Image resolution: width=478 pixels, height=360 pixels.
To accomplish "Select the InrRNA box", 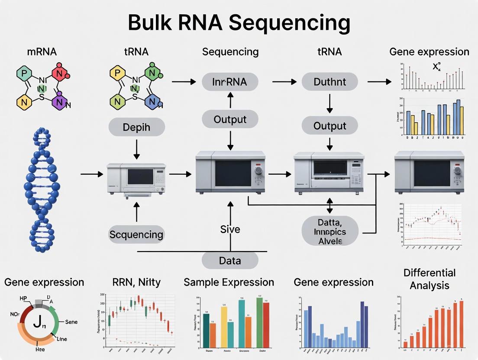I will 230,81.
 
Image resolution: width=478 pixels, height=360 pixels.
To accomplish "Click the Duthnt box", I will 329,81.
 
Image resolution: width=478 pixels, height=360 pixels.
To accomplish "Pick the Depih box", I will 136,128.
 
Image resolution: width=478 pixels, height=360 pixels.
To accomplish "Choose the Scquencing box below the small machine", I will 136,235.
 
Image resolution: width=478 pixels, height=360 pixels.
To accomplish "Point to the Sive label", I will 230,229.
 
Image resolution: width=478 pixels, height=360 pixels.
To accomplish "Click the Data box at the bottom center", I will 230,260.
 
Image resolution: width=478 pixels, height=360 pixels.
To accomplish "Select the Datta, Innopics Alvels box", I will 330,231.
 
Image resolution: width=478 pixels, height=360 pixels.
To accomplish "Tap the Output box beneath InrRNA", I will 230,119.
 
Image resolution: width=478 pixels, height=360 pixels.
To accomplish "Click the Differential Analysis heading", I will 429,279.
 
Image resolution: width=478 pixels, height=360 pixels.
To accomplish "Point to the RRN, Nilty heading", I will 136,283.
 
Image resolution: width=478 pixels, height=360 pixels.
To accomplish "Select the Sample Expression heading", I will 229,283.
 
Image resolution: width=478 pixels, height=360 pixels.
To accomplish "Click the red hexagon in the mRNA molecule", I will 60,73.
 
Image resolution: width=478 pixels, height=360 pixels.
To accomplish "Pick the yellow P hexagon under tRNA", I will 116,73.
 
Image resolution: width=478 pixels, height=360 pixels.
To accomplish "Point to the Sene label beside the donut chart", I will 71,322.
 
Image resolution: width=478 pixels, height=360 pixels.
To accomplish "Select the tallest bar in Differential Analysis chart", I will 461,324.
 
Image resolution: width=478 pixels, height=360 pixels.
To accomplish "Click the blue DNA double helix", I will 42,190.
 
